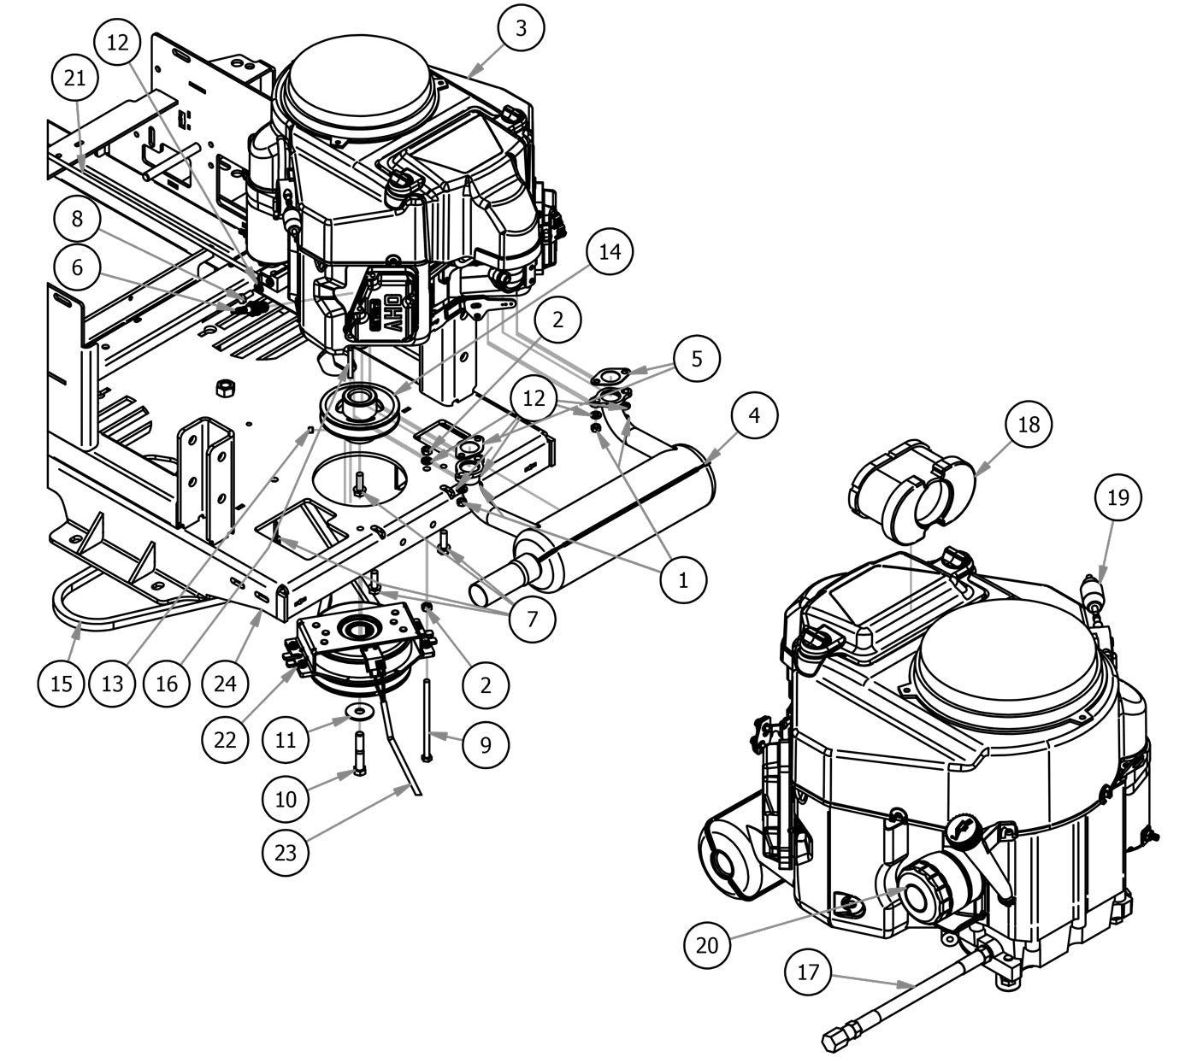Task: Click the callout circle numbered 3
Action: pos(521,27)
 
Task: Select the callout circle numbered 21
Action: pos(75,78)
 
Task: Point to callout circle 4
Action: pos(753,416)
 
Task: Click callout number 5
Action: pos(696,358)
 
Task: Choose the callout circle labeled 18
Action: pos(1029,424)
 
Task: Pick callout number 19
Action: pos(1118,497)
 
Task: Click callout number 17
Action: pos(808,972)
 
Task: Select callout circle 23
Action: pos(286,851)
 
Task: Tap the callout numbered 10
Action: pos(286,798)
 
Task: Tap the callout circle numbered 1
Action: pos(683,580)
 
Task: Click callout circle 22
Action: pos(225,739)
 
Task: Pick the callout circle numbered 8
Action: pos(78,219)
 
